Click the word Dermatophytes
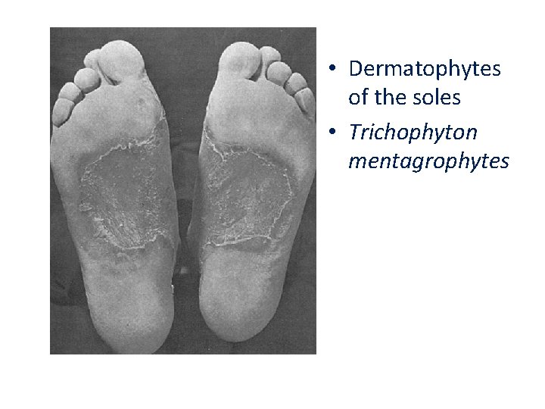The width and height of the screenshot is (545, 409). (x=425, y=69)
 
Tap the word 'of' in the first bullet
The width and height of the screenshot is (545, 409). (x=358, y=98)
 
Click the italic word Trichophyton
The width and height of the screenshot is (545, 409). (x=413, y=133)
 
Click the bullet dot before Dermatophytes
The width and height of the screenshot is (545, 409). (x=334, y=70)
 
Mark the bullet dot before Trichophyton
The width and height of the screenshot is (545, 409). (x=334, y=133)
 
